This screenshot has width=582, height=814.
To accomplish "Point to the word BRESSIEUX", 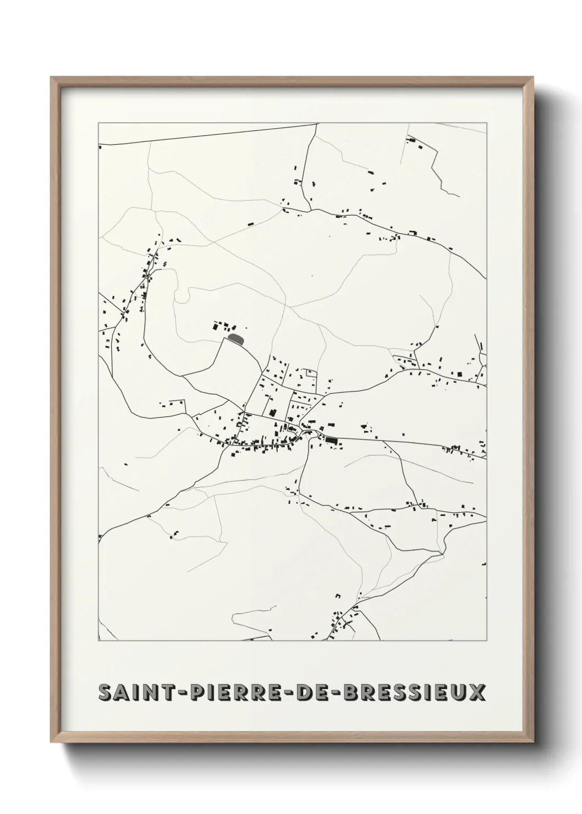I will [414, 692].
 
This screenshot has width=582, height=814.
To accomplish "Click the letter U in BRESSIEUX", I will [460, 692].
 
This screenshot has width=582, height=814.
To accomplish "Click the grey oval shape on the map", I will [235, 338].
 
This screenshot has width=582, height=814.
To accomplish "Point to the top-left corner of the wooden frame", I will [52, 78].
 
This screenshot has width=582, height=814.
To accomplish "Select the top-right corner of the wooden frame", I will [531, 78].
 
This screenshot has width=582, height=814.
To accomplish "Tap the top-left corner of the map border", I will [98, 123].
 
